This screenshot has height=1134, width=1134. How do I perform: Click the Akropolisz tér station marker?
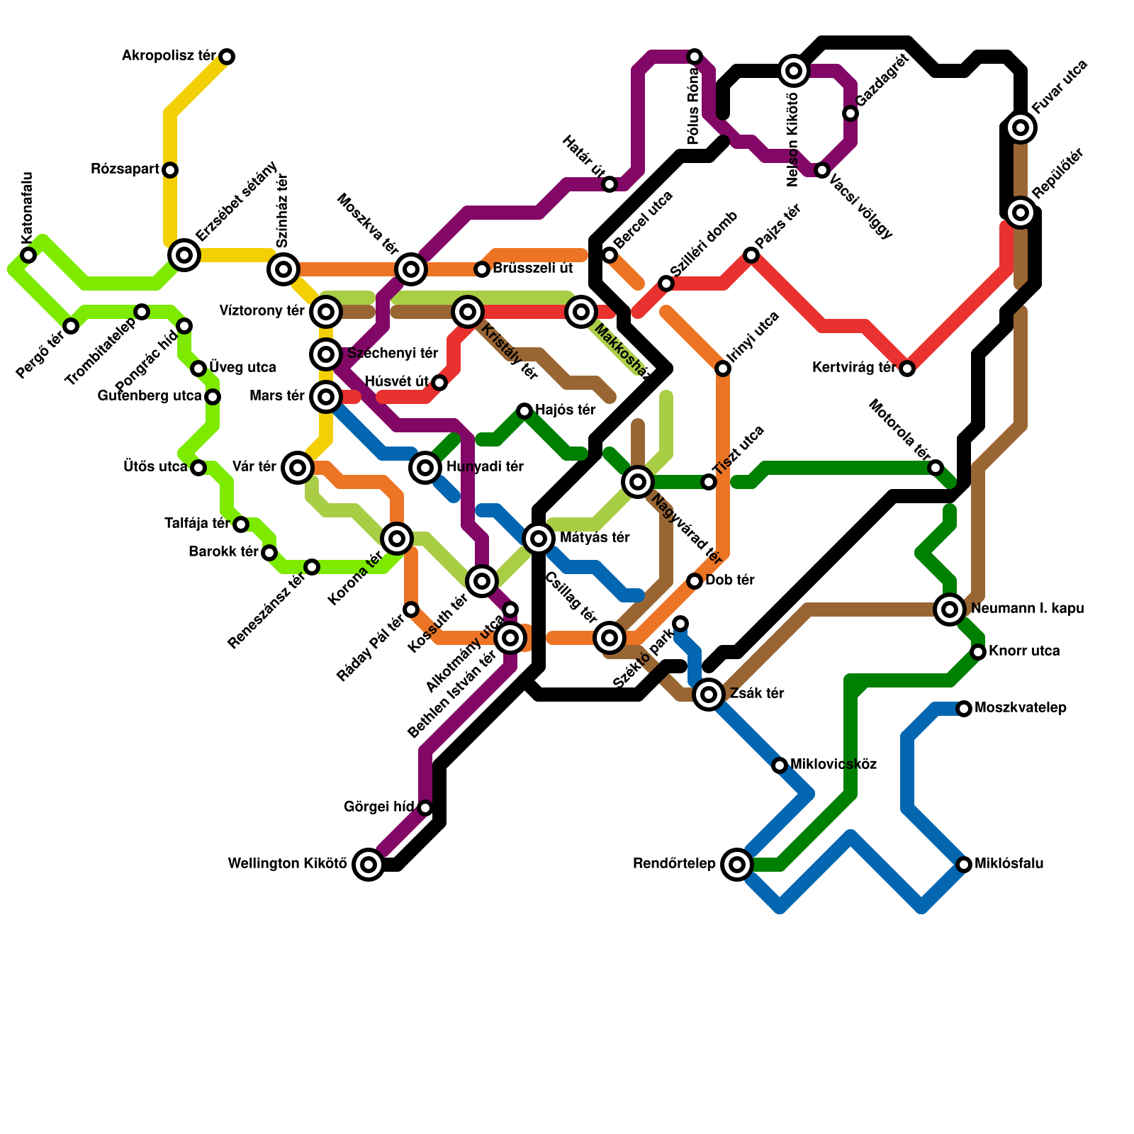click(x=227, y=57)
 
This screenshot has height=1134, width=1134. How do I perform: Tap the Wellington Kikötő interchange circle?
click(x=369, y=864)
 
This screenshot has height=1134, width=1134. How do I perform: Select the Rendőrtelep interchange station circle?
click(x=737, y=864)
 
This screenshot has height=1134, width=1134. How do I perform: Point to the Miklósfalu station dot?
click(x=964, y=864)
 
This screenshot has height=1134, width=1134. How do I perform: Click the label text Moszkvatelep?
click(x=1020, y=708)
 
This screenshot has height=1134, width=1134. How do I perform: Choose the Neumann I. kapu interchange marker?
click(x=950, y=609)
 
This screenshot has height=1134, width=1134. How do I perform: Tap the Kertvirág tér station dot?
click(x=907, y=368)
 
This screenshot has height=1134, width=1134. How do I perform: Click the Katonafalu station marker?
click(x=28, y=255)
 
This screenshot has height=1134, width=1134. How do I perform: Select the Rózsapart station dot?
click(x=170, y=170)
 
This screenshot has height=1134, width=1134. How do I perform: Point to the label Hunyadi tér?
click(x=485, y=467)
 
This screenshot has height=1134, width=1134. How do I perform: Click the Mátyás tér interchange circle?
click(x=539, y=539)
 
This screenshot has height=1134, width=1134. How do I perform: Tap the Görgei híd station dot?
click(x=425, y=807)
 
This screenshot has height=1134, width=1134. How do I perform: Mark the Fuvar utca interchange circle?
click(x=1021, y=128)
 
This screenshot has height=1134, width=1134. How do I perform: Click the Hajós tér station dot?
click(x=524, y=411)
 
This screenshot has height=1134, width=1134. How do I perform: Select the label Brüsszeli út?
click(x=532, y=269)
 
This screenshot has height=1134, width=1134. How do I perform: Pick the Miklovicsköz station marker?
click(x=780, y=765)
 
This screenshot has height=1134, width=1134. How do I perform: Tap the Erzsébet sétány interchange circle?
click(x=184, y=254)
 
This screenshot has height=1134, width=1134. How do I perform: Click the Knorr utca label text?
click(x=1024, y=651)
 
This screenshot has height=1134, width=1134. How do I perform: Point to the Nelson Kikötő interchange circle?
click(x=794, y=71)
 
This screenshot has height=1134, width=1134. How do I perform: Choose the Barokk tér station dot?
click(x=269, y=553)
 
